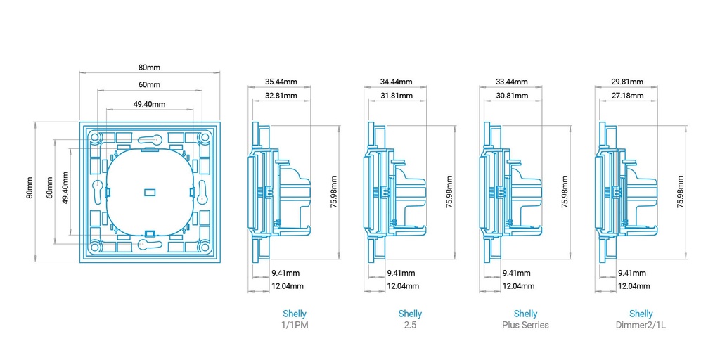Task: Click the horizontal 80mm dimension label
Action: pyautogui.click(x=149, y=67)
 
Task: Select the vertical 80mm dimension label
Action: pyautogui.click(x=30, y=187)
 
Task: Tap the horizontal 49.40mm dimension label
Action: pyautogui.click(x=149, y=104)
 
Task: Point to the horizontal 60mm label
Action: pyautogui.click(x=149, y=85)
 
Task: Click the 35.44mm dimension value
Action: pyautogui.click(x=281, y=82)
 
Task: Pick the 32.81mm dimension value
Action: pyautogui.click(x=281, y=96)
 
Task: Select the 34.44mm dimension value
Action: pyautogui.click(x=397, y=82)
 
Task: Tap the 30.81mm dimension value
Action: pyautogui.click(x=512, y=96)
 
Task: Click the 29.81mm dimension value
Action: pyautogui.click(x=627, y=82)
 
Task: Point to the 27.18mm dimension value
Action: pyautogui.click(x=627, y=96)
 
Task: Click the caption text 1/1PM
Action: pyautogui.click(x=294, y=325)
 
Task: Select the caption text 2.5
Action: pyautogui.click(x=410, y=325)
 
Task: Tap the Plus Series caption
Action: pyautogui.click(x=525, y=325)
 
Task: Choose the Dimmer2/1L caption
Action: pyautogui.click(x=641, y=325)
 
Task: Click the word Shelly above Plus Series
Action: pyautogui.click(x=525, y=314)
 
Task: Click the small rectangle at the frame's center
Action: pyautogui.click(x=150, y=192)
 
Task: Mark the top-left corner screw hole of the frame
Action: pyautogui.click(x=95, y=137)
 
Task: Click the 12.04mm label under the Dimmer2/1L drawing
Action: pyautogui.click(x=634, y=286)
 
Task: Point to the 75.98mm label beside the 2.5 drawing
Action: pyautogui.click(x=450, y=192)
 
